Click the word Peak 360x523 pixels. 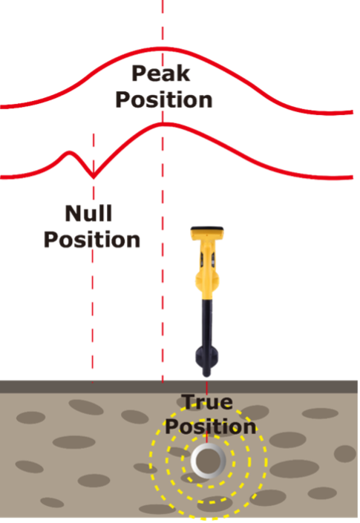coord(160,74)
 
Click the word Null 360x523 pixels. coord(89,214)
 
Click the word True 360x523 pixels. coord(208,404)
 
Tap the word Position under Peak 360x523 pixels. coord(163,99)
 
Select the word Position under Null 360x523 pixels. coord(91,240)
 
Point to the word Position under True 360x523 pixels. coord(211,427)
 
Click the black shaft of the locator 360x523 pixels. coord(208,319)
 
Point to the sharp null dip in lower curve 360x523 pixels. coord(93,177)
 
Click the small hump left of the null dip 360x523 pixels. coord(71,153)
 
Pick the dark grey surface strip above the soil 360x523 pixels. coord(74,387)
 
